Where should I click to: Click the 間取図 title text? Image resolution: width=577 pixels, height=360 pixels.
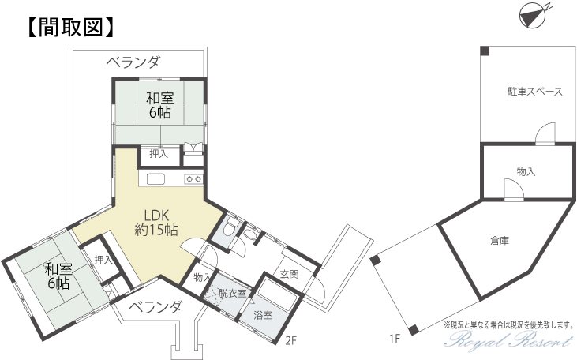click(70, 28)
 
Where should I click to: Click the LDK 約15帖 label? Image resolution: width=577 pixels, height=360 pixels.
click(156, 223)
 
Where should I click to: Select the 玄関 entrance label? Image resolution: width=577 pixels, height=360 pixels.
click(289, 274)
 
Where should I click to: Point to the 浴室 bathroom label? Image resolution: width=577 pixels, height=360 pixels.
click(263, 315)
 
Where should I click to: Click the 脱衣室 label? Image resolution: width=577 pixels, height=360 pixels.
click(233, 294)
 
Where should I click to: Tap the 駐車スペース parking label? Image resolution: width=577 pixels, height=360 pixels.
click(535, 92)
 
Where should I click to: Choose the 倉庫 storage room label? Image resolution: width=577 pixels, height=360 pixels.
click(500, 241)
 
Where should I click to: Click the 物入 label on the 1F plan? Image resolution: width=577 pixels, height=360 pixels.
click(526, 171)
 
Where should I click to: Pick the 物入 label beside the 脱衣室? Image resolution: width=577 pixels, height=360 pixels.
click(202, 277)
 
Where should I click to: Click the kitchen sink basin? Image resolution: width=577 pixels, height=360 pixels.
click(157, 179)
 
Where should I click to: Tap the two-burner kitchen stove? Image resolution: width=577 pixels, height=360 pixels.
click(194, 179)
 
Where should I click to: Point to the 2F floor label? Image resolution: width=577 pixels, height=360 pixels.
click(290, 341)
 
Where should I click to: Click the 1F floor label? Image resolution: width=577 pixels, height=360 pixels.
click(395, 339)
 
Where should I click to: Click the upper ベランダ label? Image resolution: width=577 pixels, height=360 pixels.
click(133, 62)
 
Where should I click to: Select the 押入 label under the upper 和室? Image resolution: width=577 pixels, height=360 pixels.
click(159, 153)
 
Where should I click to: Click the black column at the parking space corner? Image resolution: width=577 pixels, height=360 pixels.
click(485, 51)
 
